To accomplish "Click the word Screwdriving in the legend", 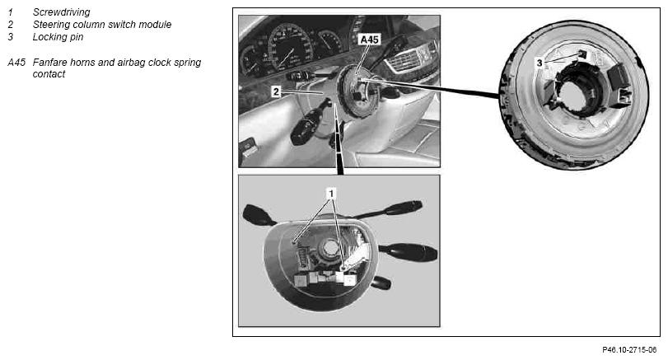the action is [61, 12].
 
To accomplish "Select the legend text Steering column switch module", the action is [102, 25].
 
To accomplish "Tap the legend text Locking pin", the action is [58, 37].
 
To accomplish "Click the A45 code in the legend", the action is [16, 63].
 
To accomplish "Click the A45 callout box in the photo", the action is [369, 40].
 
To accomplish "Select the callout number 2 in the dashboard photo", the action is [276, 91].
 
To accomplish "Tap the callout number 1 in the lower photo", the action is [331, 194].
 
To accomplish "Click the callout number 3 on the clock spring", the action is [540, 63].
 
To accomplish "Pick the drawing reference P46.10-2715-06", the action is [629, 350].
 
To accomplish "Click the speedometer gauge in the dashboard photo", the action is [289, 47].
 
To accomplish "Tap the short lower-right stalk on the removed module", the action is [381, 283].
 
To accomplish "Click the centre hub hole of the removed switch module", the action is [329, 247].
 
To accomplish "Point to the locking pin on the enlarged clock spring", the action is [582, 54].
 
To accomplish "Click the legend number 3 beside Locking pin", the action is [10, 37].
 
